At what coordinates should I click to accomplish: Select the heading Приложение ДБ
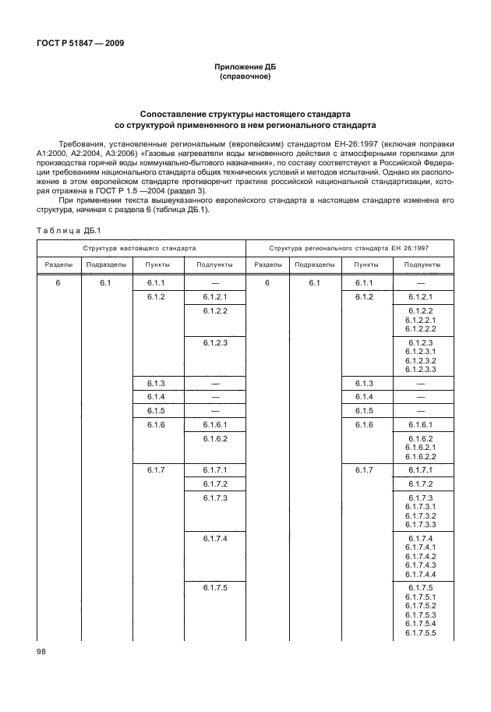click(245, 69)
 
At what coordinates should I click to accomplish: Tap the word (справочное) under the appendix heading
click(245, 78)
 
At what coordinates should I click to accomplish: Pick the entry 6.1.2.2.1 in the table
click(420, 320)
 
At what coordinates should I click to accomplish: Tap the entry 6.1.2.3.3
click(420, 369)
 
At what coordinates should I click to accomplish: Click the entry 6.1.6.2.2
click(420, 456)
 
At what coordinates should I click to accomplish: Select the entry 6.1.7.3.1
click(420, 506)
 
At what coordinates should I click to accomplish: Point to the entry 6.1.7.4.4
click(420, 574)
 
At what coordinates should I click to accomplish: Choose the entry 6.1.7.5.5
click(420, 632)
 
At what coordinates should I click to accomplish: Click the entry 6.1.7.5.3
click(420, 615)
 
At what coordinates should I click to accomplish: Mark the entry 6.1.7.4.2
click(420, 557)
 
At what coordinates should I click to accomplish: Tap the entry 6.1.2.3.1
click(420, 352)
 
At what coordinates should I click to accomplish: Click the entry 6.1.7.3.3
click(420, 524)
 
